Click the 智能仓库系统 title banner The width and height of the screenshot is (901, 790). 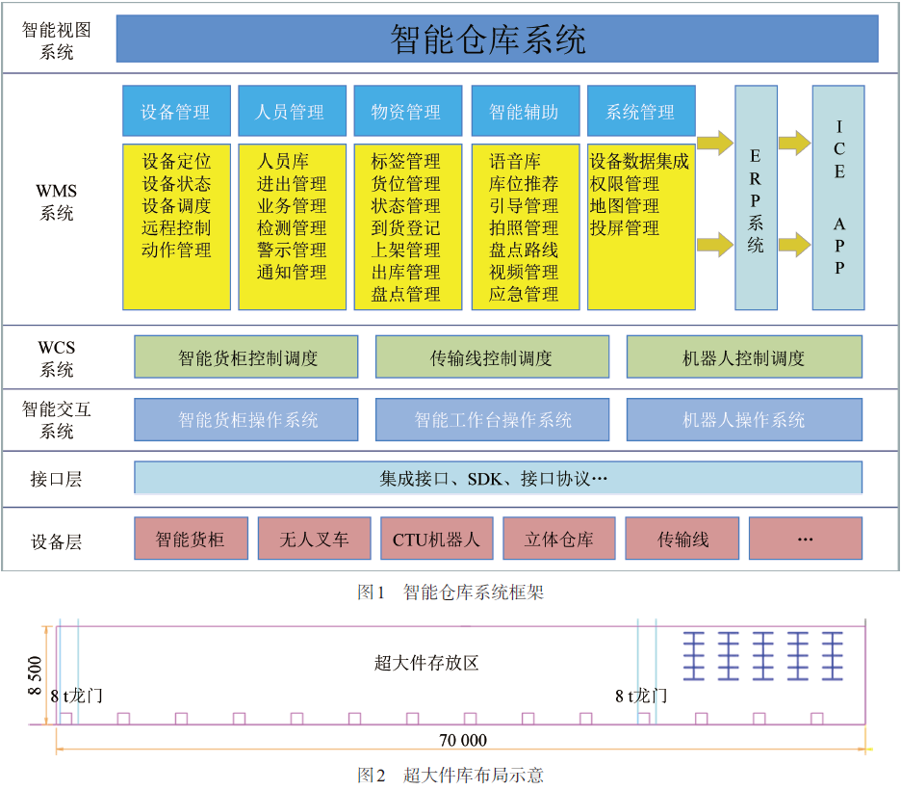coord(497,39)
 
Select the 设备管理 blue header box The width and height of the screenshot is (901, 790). coord(176,111)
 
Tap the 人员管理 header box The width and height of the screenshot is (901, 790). coord(292,111)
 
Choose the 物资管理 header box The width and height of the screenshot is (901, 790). coord(408,111)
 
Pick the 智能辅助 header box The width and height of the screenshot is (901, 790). coord(526,111)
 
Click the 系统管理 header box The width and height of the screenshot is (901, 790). coord(641,111)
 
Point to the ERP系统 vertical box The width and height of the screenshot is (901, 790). coord(757,197)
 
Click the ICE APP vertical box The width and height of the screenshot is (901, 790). coord(838,197)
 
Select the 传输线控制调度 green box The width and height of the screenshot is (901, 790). coord(492,357)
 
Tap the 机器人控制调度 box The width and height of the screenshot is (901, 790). coord(744,357)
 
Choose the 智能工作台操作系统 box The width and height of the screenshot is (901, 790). coord(492,420)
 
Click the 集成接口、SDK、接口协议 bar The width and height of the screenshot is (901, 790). coord(499,478)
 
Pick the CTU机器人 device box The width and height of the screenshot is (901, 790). coord(437,539)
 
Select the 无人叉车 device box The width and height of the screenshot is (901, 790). coord(315,539)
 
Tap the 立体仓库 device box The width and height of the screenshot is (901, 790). coord(559,539)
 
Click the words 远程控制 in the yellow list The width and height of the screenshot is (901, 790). coord(176,227)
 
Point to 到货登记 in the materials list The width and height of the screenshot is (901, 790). coord(405,227)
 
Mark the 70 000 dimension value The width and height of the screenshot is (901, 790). coord(463,740)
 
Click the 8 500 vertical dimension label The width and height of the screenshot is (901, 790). coord(35,675)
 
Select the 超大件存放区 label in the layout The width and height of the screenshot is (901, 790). coord(426,663)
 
